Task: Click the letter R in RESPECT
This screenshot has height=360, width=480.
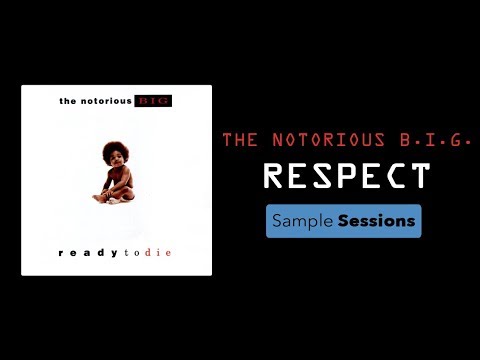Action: coord(274,177)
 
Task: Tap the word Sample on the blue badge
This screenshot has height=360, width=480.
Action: coord(304,221)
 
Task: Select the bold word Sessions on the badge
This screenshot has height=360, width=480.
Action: coord(376,220)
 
